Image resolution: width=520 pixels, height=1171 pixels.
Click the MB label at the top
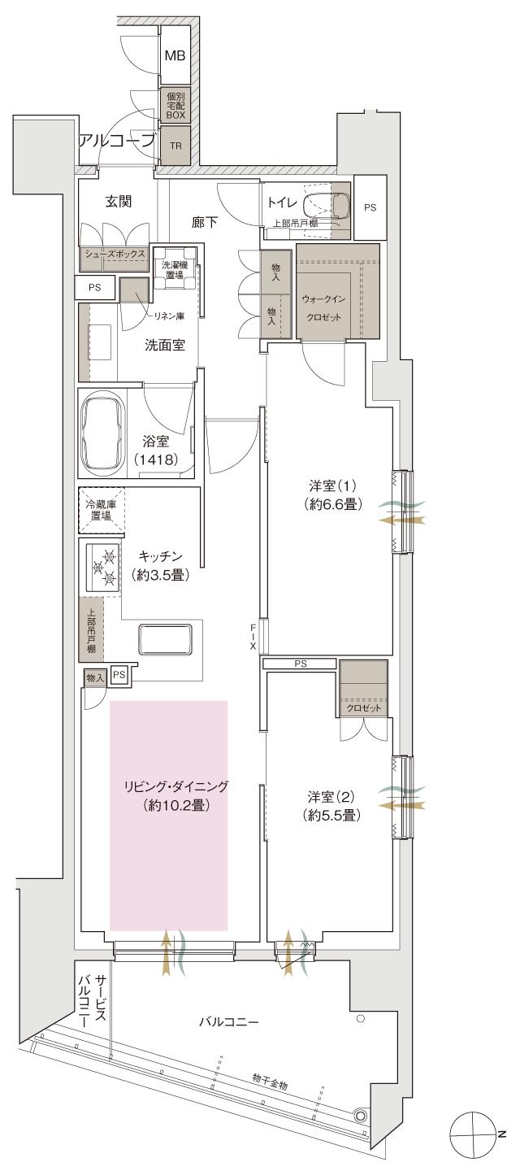pyautogui.click(x=175, y=56)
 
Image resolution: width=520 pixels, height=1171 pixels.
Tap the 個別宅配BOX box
pyautogui.click(x=175, y=106)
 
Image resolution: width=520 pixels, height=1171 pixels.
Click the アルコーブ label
pyautogui.click(x=115, y=141)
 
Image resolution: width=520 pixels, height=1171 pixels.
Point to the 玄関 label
pyautogui.click(x=119, y=202)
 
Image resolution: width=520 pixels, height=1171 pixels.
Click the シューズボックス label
pyautogui.click(x=113, y=255)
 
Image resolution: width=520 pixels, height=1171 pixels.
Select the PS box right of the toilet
pyautogui.click(x=370, y=208)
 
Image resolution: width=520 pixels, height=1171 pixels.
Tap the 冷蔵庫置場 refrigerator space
pyautogui.click(x=102, y=510)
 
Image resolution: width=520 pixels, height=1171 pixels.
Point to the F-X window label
pyautogui.click(x=253, y=637)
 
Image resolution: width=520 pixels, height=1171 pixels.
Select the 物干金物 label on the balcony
pyautogui.click(x=269, y=1078)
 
